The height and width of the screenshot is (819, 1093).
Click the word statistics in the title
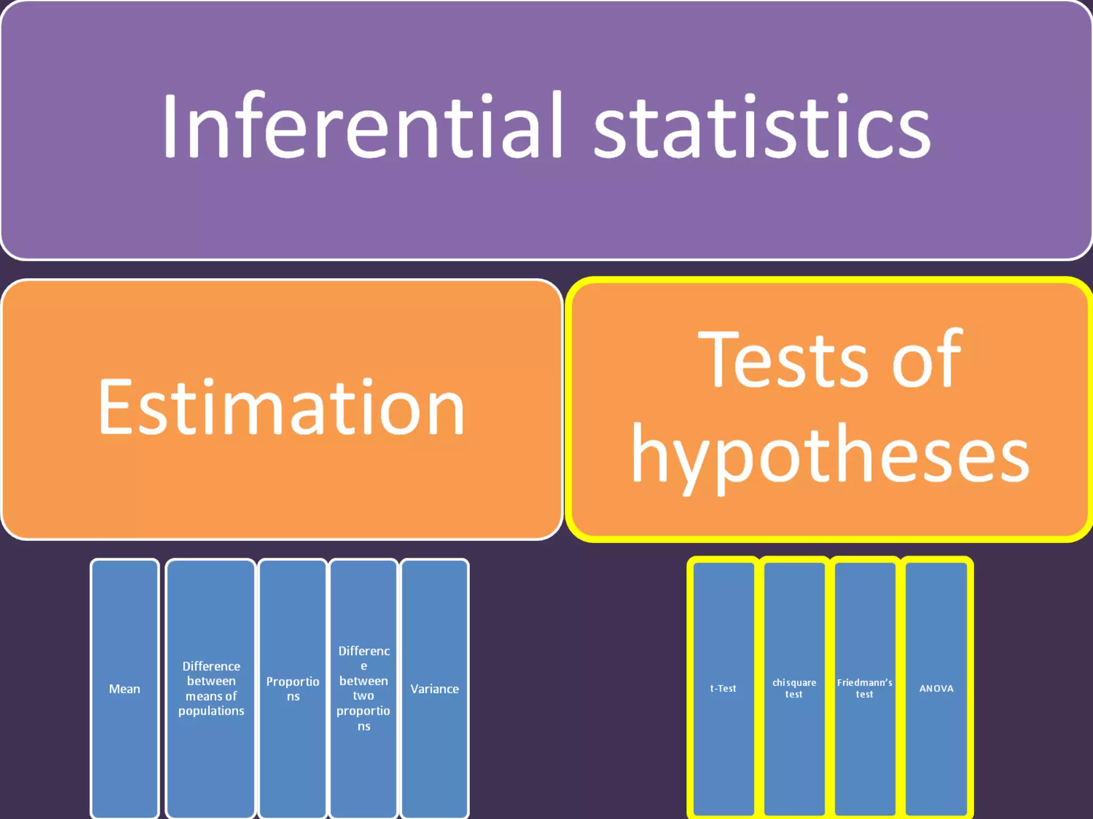pos(762,128)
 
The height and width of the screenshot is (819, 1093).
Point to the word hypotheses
pos(830,456)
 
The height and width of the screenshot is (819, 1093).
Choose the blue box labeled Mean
pos(124,689)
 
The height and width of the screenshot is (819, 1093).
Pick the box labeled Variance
pos(434,689)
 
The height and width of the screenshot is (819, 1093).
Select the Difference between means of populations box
pos(211,688)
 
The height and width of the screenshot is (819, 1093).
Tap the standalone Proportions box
pos(292,688)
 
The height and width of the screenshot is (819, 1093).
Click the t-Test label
pos(723,688)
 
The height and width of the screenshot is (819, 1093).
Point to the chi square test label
pos(794,688)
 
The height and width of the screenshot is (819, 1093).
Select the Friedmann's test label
pos(865,688)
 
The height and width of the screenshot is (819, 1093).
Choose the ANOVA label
pos(936,688)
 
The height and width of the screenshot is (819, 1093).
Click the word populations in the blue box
pos(211,711)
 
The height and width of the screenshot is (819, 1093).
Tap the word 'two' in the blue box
pos(363,696)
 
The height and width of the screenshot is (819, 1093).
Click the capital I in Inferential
pos(170,127)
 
